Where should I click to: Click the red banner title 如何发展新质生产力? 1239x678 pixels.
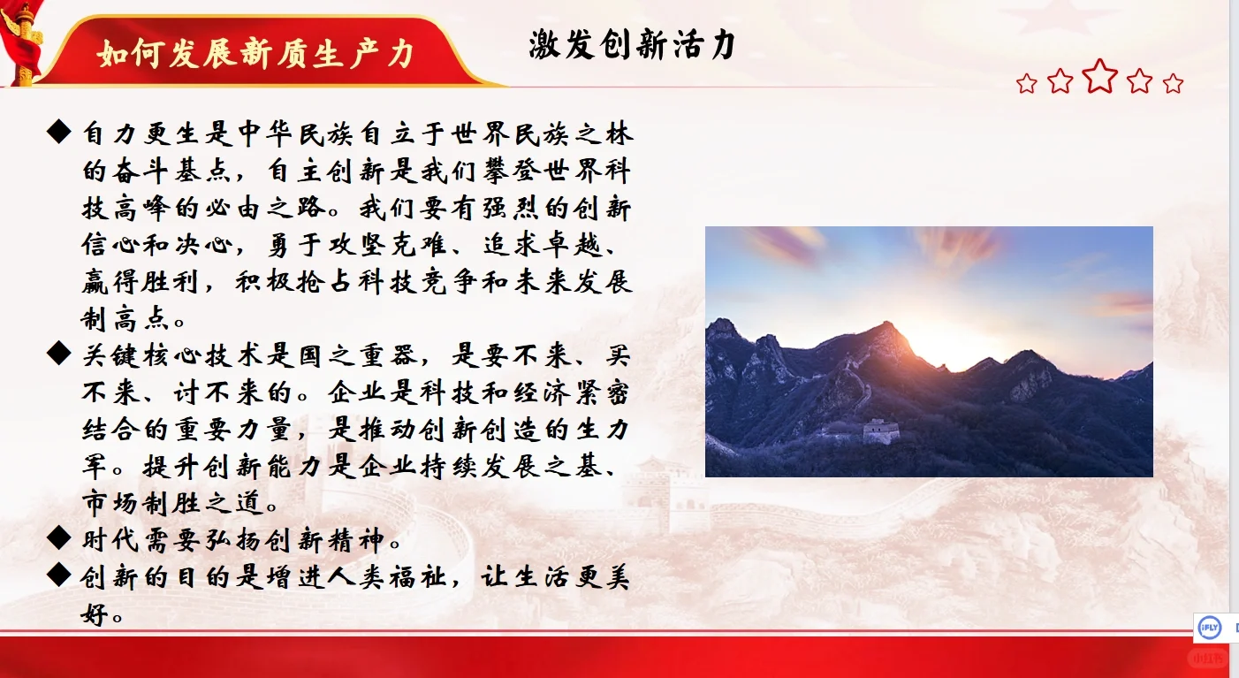pyautogui.click(x=256, y=53)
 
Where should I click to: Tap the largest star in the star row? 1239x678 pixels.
pyautogui.click(x=1100, y=76)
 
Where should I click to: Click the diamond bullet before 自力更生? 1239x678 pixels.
pyautogui.click(x=58, y=133)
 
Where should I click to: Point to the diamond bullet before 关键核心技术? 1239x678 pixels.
pyautogui.click(x=58, y=354)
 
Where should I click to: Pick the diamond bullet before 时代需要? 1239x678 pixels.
pyautogui.click(x=58, y=536)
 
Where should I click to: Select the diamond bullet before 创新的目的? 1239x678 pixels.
pyautogui.click(x=58, y=575)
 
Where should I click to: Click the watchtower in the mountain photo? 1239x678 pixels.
pyautogui.click(x=880, y=430)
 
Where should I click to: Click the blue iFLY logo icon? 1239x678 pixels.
pyautogui.click(x=1208, y=628)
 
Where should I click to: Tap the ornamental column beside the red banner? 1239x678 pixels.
pyautogui.click(x=24, y=44)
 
